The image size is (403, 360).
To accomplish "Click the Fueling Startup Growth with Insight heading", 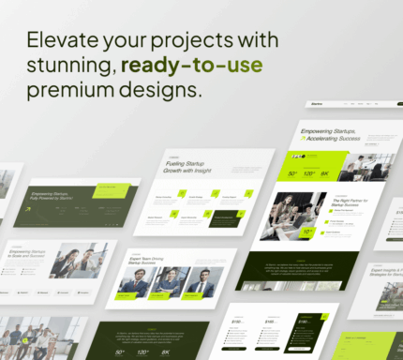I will point(193,167).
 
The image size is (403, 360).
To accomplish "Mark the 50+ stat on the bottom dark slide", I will point(120,352).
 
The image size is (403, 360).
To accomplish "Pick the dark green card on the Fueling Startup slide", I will point(224,217).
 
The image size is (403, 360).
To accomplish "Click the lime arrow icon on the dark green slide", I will point(29,209).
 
